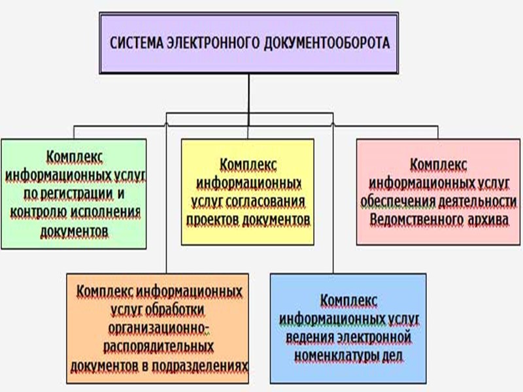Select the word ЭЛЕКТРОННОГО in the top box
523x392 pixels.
[x=222, y=44]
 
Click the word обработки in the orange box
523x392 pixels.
[x=173, y=307]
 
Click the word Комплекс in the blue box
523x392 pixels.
[x=348, y=299]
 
